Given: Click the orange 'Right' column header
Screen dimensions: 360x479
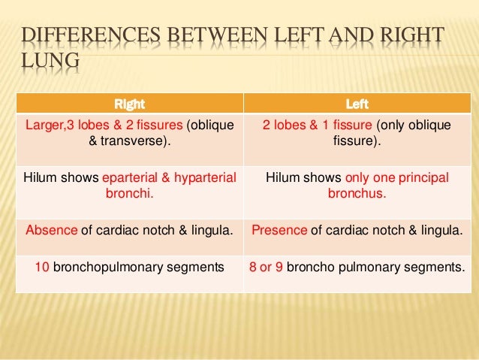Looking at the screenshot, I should click(x=128, y=104).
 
